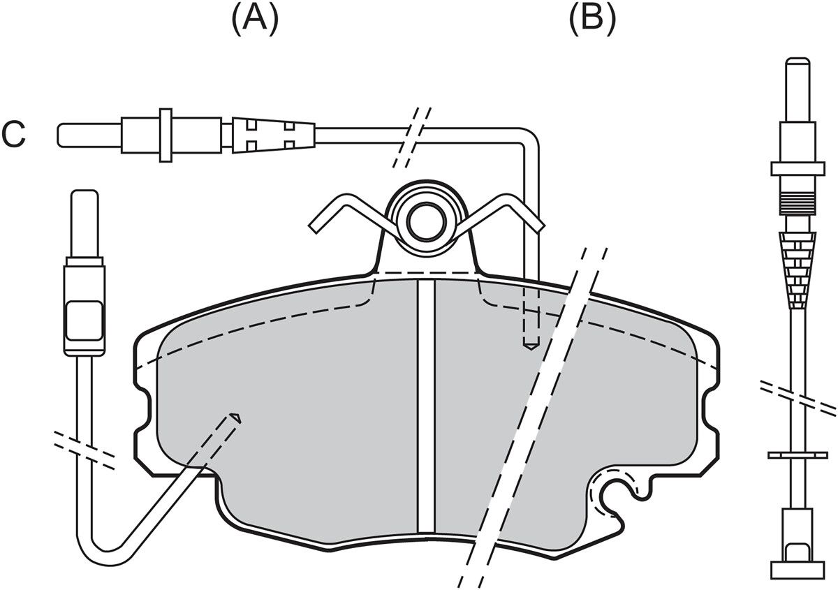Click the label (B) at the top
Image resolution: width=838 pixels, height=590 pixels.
592,19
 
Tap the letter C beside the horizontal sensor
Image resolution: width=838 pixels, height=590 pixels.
13,134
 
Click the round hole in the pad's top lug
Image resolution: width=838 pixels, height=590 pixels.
427,223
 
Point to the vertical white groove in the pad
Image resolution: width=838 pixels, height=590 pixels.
426,406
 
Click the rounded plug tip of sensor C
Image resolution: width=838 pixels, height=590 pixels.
89,135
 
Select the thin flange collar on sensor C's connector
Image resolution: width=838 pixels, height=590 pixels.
166,135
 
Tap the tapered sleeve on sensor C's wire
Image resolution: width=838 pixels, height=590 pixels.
273,135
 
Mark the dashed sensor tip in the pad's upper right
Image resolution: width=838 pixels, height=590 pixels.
531,345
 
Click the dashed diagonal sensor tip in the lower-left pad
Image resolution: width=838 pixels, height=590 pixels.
234,419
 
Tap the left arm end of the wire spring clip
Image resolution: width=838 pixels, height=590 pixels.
314,228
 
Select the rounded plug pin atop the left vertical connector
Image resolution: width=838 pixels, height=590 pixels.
85,223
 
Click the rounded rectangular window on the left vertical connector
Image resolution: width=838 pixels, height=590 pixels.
83,320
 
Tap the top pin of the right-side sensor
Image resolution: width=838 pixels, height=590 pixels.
798,90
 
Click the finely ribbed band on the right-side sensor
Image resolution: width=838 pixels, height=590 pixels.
798,203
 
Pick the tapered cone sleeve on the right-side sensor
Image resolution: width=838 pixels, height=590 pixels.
798,270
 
